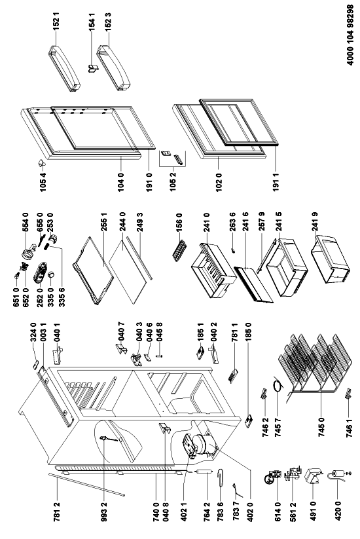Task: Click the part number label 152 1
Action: pyautogui.click(x=56, y=21)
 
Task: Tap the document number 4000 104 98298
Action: pyautogui.click(x=350, y=35)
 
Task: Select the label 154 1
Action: pyautogui.click(x=92, y=22)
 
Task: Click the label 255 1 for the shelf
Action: pyautogui.click(x=105, y=223)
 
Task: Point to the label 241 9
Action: pyautogui.click(x=315, y=222)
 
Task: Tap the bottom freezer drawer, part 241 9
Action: pyautogui.click(x=331, y=259)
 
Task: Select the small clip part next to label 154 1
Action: pyautogui.click(x=93, y=68)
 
